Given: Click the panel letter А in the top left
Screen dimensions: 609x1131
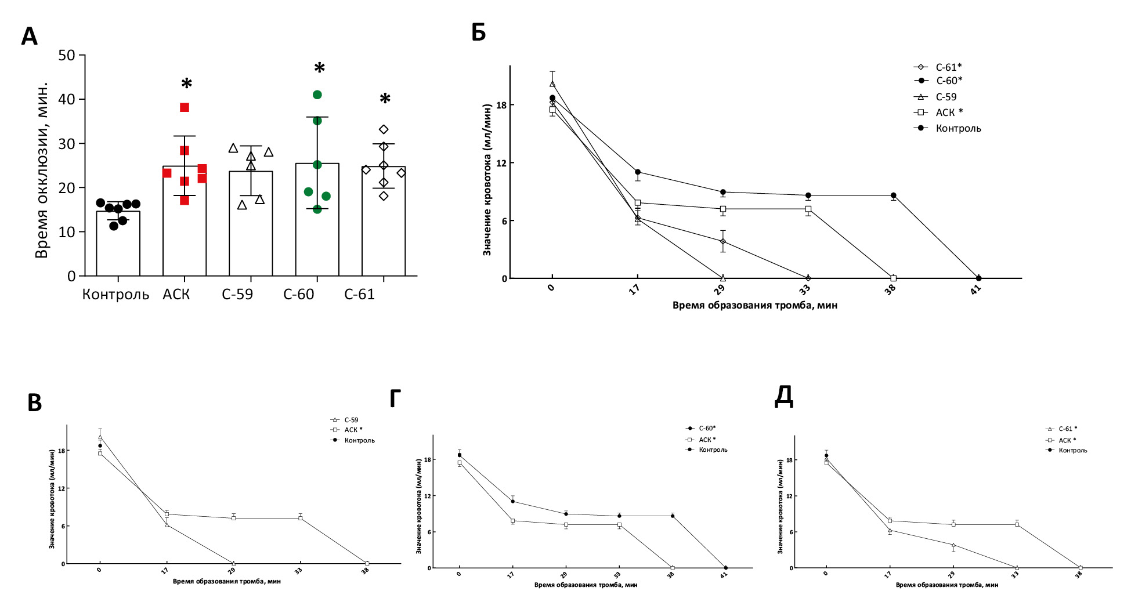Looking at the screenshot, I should (29, 37).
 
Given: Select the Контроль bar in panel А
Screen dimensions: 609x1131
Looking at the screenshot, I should (118, 244).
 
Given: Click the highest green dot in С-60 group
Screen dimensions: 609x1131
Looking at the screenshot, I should (317, 95).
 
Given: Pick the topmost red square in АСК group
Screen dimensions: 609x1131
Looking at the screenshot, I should (185, 107).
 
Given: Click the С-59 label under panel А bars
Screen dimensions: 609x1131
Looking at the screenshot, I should (237, 295).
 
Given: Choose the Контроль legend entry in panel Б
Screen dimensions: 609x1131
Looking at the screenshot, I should (957, 128).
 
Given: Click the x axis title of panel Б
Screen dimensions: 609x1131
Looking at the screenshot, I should (754, 305).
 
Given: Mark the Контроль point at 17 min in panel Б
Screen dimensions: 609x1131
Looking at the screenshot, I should (638, 172).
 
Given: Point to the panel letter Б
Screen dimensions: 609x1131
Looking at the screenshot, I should (478, 32).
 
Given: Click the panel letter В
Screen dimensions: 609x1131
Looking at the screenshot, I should (35, 403).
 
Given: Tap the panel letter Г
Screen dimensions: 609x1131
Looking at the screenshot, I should (395, 399).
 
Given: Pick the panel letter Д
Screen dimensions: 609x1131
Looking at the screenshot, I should (784, 397).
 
